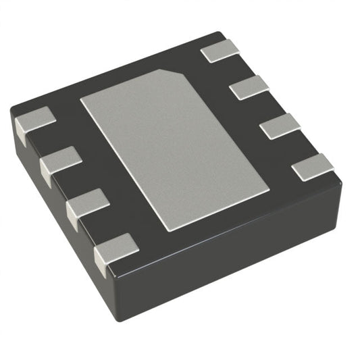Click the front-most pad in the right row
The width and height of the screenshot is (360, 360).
[x=313, y=165]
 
